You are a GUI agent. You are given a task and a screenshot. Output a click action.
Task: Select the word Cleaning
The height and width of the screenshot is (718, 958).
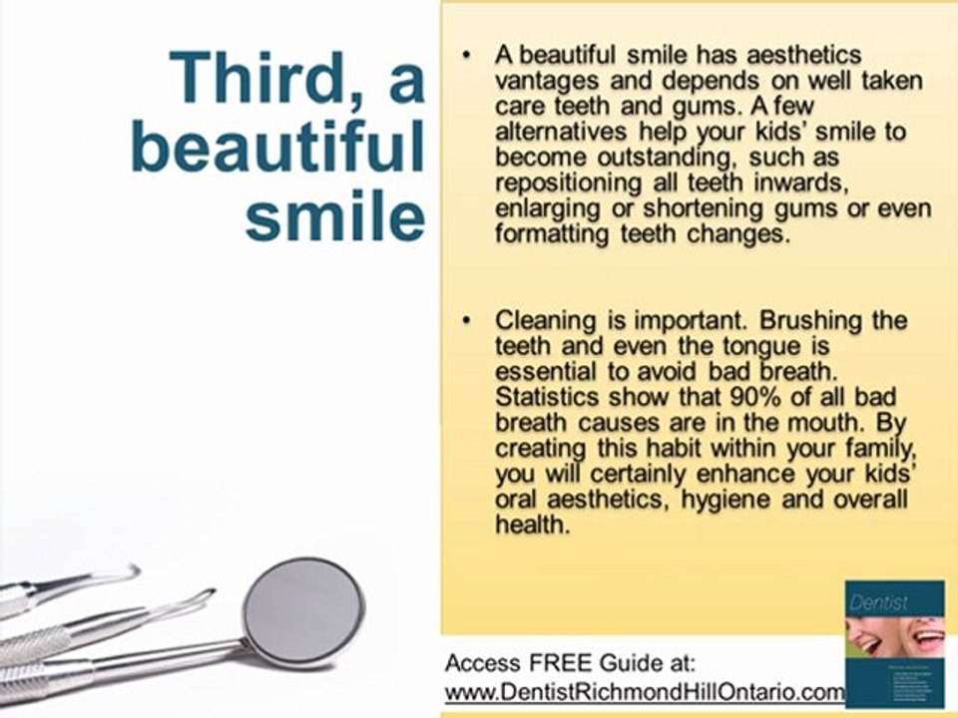click(546, 322)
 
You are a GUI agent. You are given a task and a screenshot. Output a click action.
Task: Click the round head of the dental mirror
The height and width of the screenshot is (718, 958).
click(303, 609)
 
